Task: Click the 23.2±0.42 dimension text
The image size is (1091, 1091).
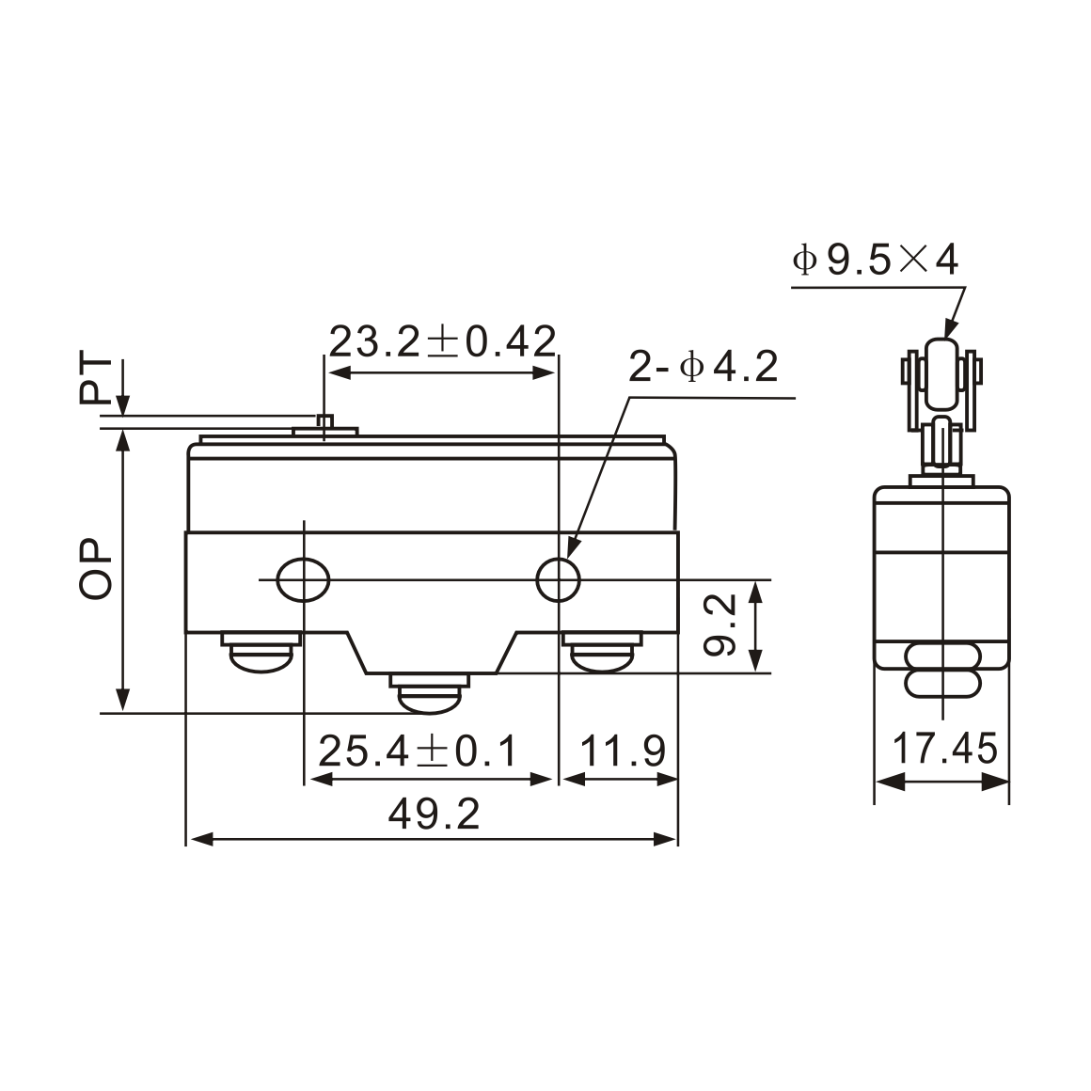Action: [x=442, y=341]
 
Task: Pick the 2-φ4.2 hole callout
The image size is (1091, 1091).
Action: [x=704, y=368]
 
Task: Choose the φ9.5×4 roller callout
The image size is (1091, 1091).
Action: [x=876, y=260]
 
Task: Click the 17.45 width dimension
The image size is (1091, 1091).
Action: [x=943, y=751]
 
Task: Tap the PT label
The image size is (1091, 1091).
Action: [x=95, y=381]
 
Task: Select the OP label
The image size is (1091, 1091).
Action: [x=95, y=570]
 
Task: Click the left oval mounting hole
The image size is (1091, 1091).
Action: [x=304, y=580]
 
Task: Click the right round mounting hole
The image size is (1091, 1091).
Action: [x=558, y=580]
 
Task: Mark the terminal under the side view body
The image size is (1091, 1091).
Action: [x=941, y=671]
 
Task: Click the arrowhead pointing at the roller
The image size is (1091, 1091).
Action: [x=950, y=330]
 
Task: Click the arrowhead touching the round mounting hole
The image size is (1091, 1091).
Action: [x=573, y=548]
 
